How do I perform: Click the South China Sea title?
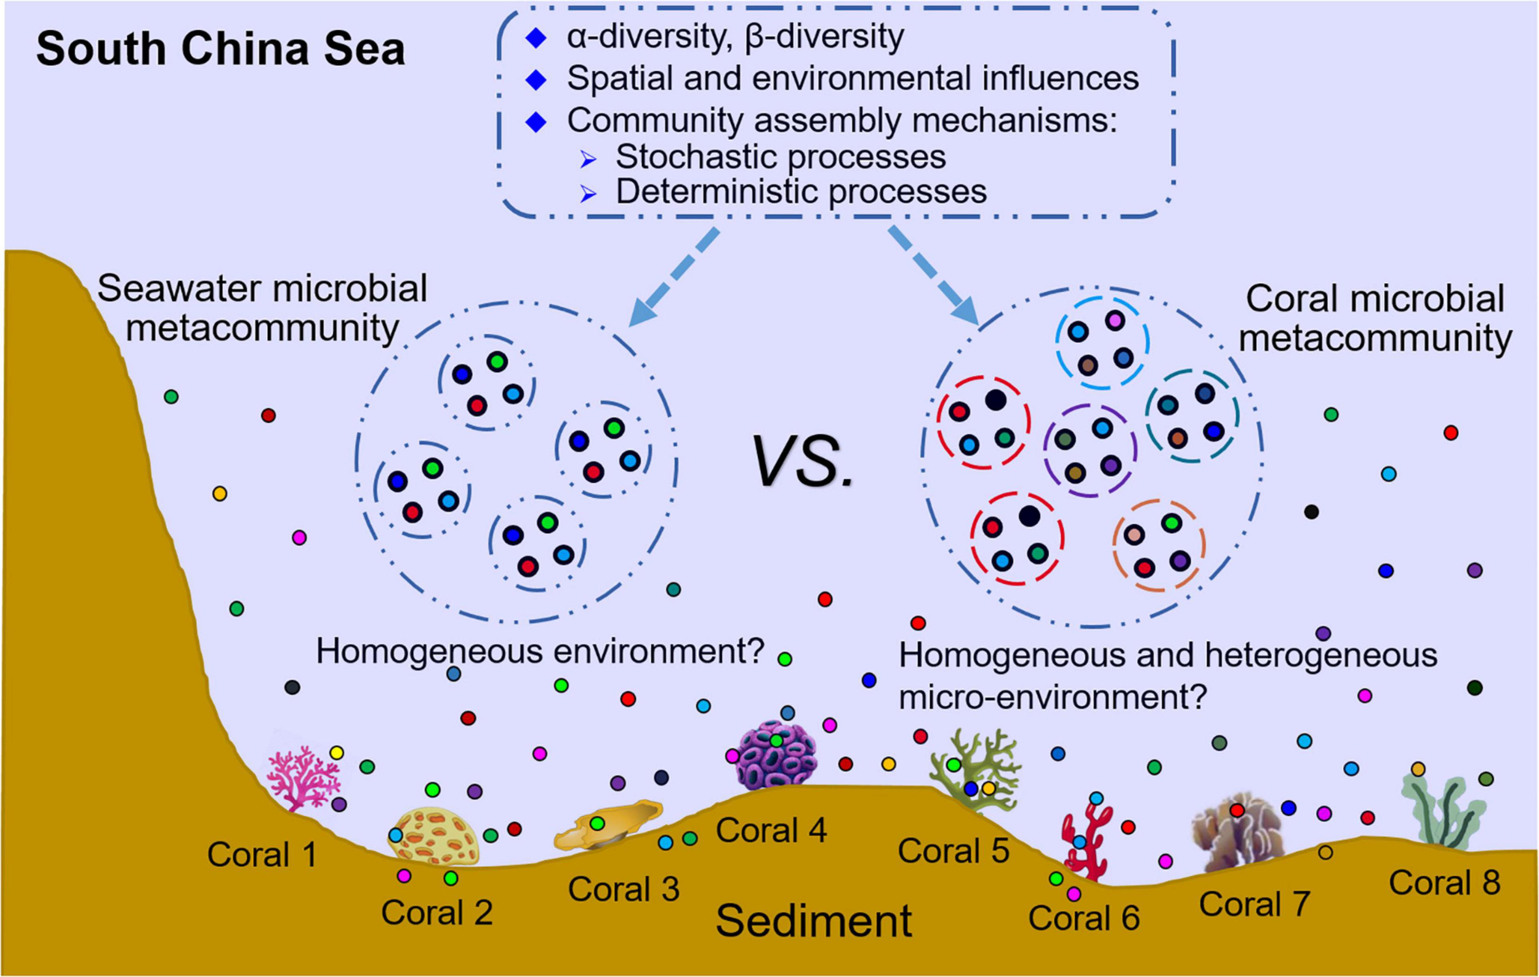220,49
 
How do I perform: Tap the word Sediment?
813,922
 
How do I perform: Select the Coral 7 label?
1254,904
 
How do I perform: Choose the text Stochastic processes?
780,157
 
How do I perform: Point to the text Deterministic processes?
800,191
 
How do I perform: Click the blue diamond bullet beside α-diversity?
536,38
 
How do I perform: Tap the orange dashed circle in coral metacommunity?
1158,544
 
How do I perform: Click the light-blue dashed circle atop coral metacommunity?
1102,342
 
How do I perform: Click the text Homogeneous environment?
540,652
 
